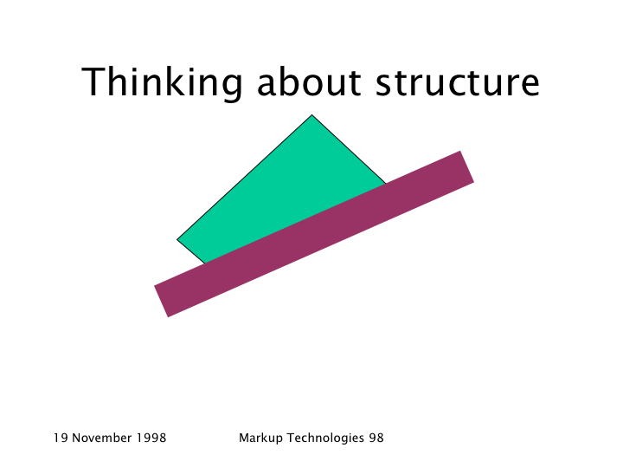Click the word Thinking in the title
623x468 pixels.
point(162,82)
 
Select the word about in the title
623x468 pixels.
point(309,81)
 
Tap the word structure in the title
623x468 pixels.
point(458,83)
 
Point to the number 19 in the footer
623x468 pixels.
point(61,438)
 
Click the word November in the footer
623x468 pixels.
point(102,438)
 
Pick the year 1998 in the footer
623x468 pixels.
point(151,438)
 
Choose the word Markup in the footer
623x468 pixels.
point(261,439)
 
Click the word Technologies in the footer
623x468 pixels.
point(325,439)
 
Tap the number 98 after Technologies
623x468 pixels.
point(376,438)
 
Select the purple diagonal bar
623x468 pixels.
point(314,234)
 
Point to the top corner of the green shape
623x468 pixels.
point(311,115)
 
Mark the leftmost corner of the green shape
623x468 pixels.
point(177,239)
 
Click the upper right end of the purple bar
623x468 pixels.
point(467,166)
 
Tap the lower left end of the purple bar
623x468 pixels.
point(161,302)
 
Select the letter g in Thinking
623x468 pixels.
point(230,87)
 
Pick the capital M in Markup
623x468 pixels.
point(243,438)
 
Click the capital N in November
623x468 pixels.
point(76,438)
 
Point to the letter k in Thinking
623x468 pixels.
point(176,81)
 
